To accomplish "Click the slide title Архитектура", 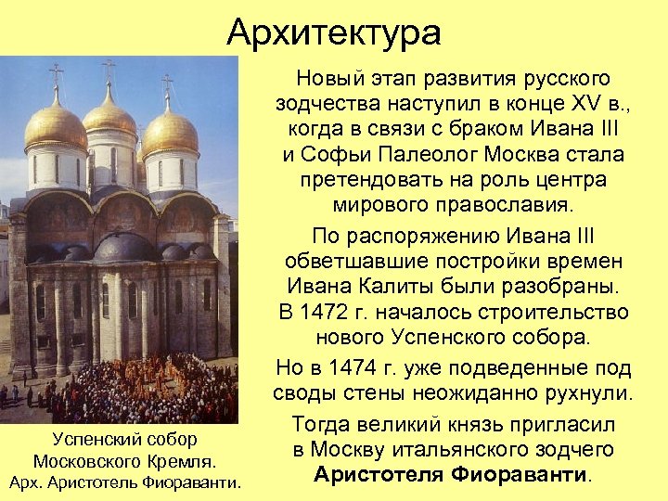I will click(334, 33).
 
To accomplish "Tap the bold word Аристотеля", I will click(377, 475).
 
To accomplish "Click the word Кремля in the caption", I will click(183, 460).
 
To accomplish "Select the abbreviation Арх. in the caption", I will click(26, 482).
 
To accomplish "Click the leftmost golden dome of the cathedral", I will click(56, 125).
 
